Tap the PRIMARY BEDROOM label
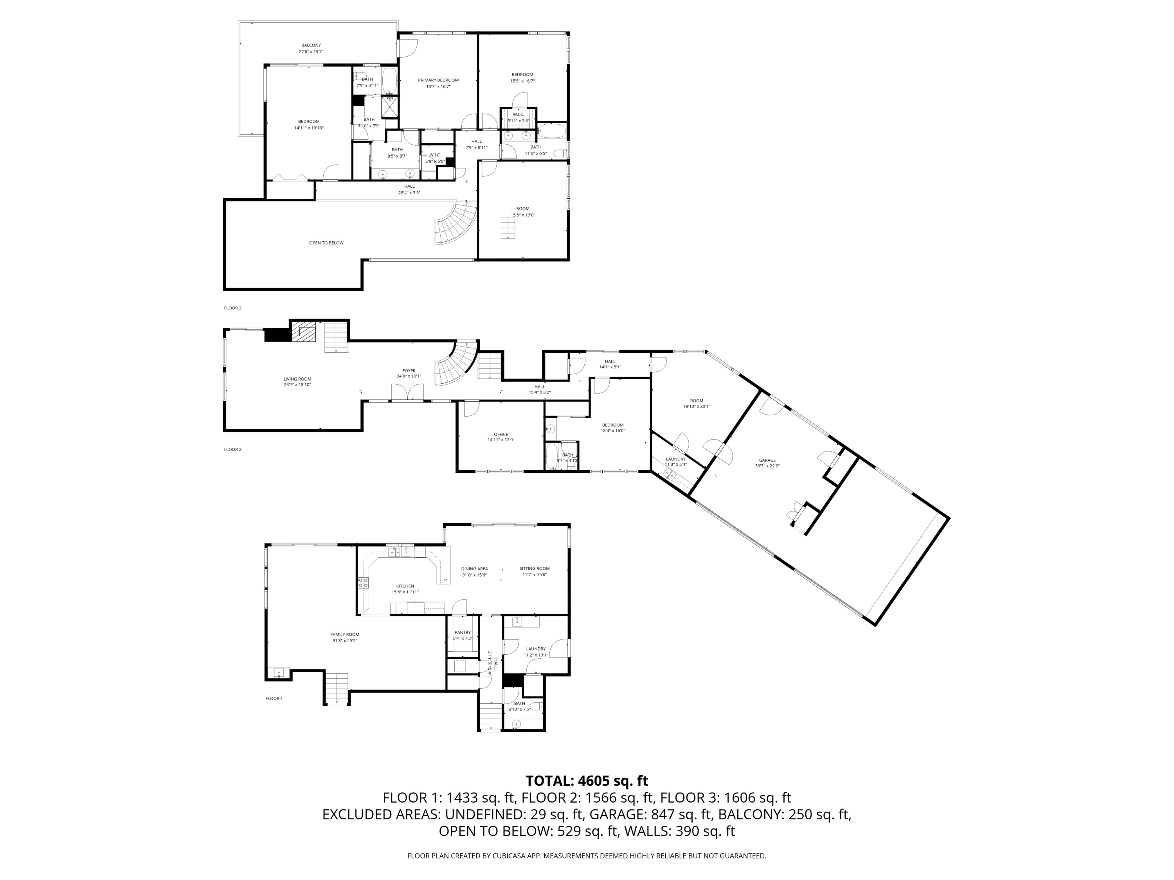point(438,80)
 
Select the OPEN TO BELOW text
point(326,243)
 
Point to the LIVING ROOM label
point(297,379)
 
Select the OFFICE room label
point(501,435)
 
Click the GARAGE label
point(767,460)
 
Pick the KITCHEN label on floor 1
point(405,586)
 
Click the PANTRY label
point(462,632)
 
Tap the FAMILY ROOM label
point(345,634)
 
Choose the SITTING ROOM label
point(535,569)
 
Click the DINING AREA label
point(474,569)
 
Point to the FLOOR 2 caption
point(232,449)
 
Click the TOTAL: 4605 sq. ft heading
point(587,781)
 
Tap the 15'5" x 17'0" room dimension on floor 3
point(523,215)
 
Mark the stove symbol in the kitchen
point(364,583)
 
